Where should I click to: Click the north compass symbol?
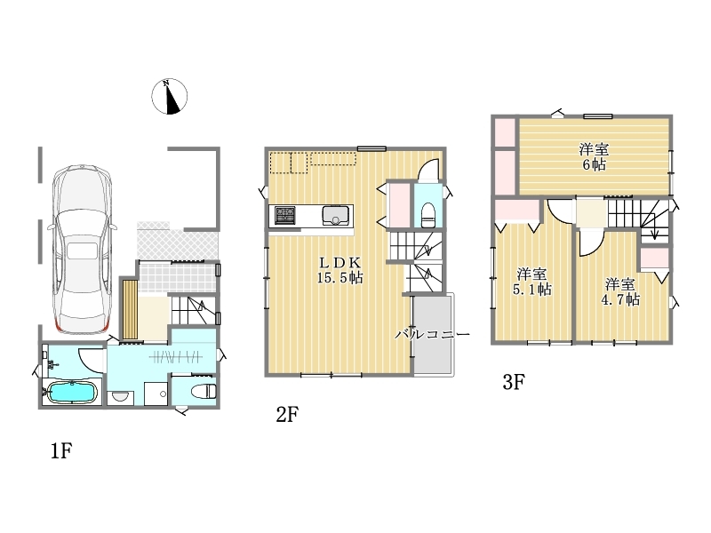[x=169, y=96]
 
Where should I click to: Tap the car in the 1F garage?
[x=83, y=250]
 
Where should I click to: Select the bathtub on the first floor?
[x=71, y=392]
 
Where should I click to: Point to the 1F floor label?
[x=61, y=451]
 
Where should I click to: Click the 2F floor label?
[x=287, y=414]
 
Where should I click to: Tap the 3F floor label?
[x=514, y=382]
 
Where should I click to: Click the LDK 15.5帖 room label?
[x=340, y=270]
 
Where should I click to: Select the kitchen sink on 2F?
[x=336, y=216]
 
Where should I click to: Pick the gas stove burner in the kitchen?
[x=285, y=216]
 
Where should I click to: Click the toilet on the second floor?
[x=428, y=214]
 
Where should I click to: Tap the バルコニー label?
[x=432, y=335]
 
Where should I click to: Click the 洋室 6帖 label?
[x=594, y=157]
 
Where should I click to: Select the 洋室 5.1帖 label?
[x=531, y=282]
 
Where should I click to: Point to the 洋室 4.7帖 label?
[x=620, y=292]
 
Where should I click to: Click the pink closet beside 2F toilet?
[x=399, y=204]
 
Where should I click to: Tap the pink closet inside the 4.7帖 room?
[x=654, y=258]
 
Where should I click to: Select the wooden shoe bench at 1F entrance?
[x=130, y=309]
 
